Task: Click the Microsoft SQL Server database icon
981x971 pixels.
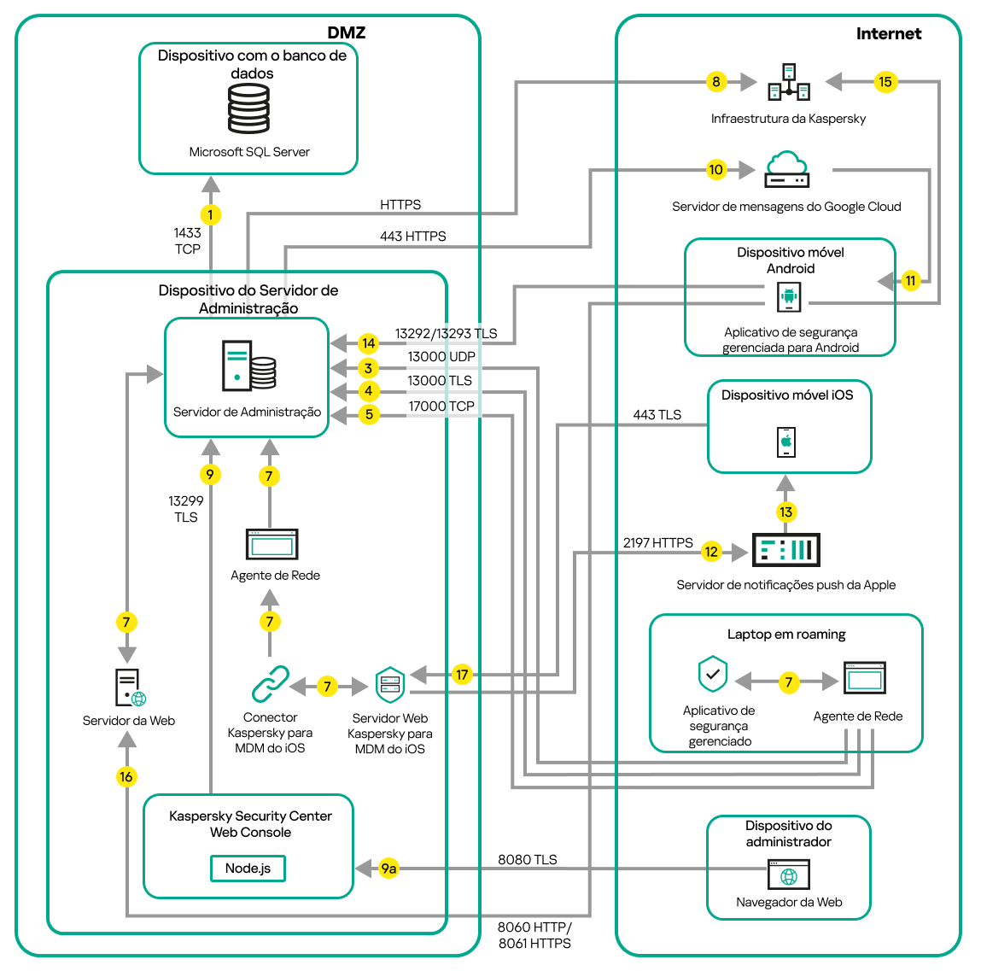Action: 248,108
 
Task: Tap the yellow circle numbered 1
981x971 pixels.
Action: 210,214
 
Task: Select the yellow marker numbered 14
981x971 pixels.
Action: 368,343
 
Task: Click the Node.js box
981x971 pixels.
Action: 248,869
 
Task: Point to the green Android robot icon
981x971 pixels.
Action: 788,297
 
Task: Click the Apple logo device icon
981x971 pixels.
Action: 786,442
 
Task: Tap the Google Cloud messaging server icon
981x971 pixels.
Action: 786,169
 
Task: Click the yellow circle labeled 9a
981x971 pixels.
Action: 388,869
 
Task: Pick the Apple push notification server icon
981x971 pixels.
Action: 785,550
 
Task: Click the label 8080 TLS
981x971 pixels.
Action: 527,859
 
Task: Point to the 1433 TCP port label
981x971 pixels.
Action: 188,241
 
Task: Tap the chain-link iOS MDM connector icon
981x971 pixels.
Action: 271,684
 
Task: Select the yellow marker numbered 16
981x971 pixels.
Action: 126,776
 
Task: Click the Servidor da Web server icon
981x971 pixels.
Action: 129,687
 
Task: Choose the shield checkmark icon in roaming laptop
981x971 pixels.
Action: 713,674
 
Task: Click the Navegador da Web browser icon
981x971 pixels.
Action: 789,875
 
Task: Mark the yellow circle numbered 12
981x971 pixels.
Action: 711,552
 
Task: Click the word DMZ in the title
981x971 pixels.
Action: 346,33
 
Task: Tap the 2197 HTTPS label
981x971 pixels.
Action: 657,543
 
